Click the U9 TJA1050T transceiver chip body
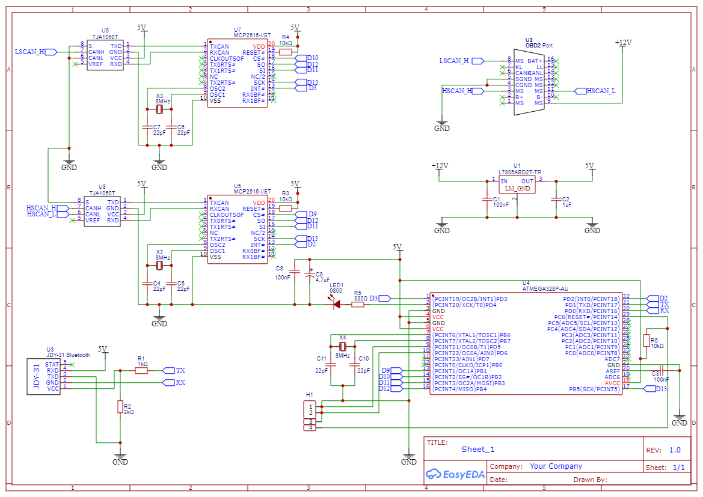105,55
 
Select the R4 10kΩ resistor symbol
286,52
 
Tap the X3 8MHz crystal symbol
159,109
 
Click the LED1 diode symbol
336,305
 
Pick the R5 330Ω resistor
358,305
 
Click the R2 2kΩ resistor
120,407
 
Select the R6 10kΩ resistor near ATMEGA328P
646,341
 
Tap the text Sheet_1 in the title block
477,450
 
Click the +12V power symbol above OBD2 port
623,44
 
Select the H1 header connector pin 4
311,427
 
